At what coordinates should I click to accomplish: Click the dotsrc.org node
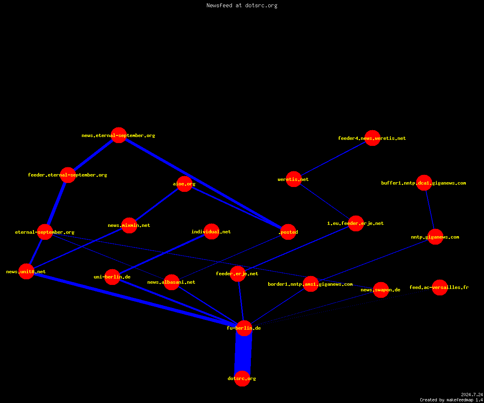pos(242,378)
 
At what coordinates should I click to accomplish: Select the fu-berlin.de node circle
pos(244,328)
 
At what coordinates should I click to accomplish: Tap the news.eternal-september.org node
pos(119,135)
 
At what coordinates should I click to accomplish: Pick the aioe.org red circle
pos(184,184)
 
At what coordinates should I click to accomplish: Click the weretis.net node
pos(294,179)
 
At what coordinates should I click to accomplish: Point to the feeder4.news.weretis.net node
pos(372,138)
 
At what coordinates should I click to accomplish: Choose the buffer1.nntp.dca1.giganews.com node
pos(424,183)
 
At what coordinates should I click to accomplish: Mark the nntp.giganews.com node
pos(435,237)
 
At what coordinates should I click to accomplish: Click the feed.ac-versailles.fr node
pos(440,287)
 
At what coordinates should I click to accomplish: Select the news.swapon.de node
pos(381,290)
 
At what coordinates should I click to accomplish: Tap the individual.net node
pos(211,231)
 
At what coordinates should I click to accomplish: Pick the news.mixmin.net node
pos(129,225)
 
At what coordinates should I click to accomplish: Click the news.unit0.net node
pos(27,272)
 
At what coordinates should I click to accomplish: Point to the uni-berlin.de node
pos(112,277)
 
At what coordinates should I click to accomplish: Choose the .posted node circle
pos(288,232)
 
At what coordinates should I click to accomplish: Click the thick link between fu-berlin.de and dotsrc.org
pos(243,353)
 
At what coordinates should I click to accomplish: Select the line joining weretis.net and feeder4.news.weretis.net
pos(333,159)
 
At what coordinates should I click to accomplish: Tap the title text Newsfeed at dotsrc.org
pos(242,5)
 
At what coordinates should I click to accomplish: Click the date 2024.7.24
pos(472,395)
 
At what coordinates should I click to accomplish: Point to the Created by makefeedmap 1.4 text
pos(451,400)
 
